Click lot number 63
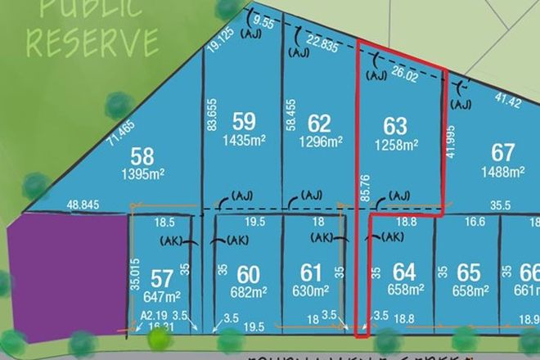coord(395,126)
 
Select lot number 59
coord(244,121)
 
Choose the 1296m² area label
coord(320,142)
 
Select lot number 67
coord(502,152)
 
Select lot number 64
coord(404,271)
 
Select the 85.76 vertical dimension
coord(363,187)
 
